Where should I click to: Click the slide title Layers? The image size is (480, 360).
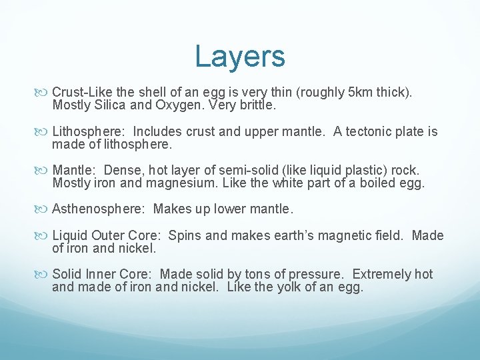[240, 57]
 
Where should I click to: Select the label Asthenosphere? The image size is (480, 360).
[98, 209]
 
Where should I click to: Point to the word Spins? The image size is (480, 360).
[185, 235]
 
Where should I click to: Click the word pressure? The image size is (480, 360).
[313, 275]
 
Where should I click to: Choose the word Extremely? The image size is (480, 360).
[382, 275]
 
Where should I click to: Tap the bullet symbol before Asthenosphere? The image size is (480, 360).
[44, 209]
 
